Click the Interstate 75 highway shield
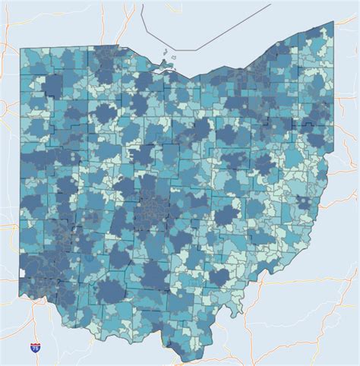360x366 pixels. coord(35,347)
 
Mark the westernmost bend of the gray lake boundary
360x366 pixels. coord(144,24)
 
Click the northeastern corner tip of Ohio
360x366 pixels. coord(331,24)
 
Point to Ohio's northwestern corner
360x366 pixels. coord(21,49)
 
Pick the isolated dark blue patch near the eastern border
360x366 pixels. coord(306,203)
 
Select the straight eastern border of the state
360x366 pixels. coord(332,91)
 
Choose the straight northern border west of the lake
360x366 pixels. coord(76,49)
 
